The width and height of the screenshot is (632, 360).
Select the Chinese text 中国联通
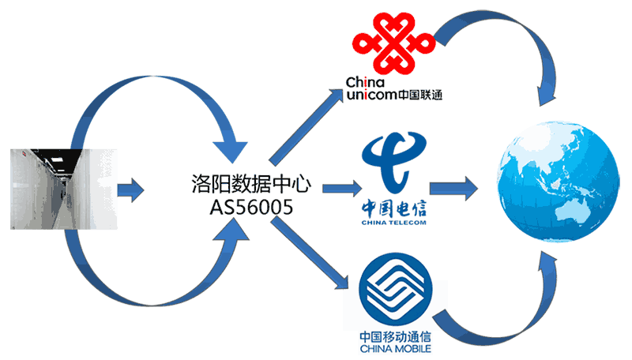420,96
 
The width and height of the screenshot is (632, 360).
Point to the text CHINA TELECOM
393,223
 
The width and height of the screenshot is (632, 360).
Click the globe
559,186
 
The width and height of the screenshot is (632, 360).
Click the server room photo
62,189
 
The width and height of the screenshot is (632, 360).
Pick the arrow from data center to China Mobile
308,253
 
